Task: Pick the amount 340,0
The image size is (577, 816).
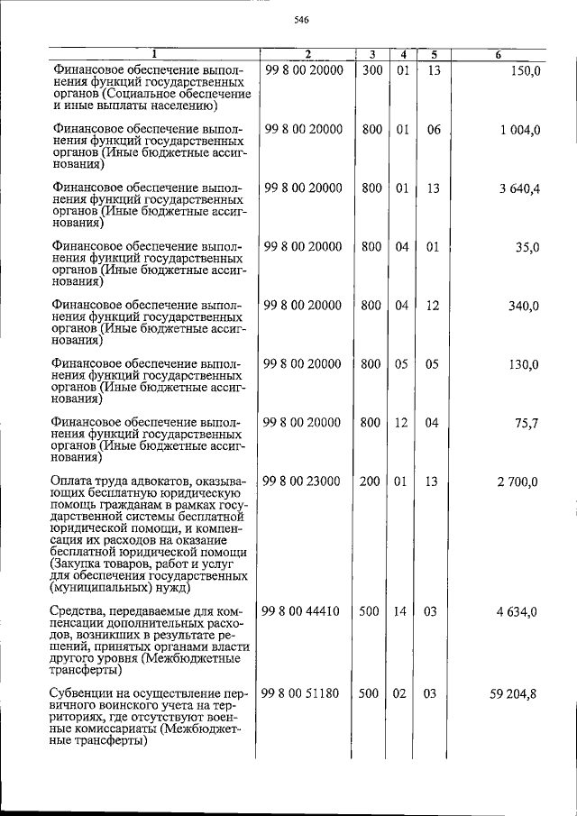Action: tap(522, 306)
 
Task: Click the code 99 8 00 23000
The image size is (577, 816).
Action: tap(303, 481)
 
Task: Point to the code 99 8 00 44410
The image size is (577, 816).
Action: tap(301, 611)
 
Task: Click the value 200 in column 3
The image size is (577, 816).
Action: tap(371, 481)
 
